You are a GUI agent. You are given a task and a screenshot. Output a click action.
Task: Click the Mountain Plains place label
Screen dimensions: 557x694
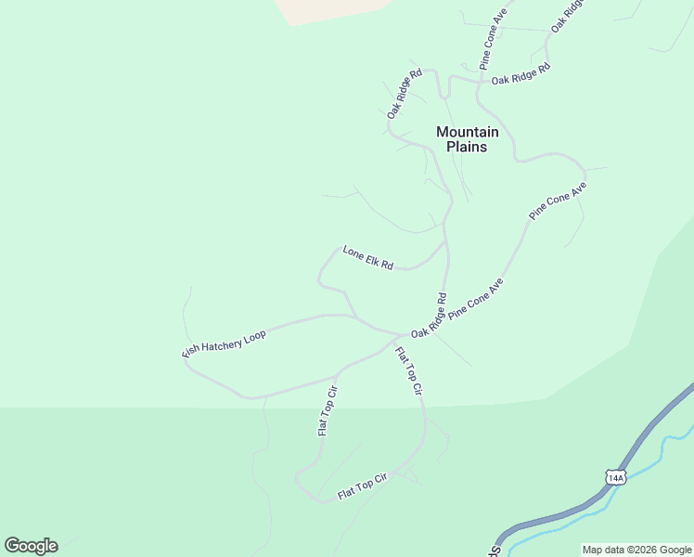[x=467, y=139]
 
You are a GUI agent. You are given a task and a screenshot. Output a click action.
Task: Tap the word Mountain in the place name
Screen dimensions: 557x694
[x=467, y=132]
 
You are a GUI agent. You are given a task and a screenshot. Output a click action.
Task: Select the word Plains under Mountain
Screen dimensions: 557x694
[x=467, y=147]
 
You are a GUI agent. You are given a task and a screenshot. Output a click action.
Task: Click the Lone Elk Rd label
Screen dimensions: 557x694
[x=368, y=258]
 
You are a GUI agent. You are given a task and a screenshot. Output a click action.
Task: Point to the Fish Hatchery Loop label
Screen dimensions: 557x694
[x=224, y=343]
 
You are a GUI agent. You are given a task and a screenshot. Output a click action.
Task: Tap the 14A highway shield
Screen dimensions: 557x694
[x=615, y=477]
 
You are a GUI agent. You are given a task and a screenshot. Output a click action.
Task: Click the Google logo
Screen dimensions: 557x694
[x=31, y=546]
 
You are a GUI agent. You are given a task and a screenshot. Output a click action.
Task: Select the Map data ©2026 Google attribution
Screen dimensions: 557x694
[x=636, y=550]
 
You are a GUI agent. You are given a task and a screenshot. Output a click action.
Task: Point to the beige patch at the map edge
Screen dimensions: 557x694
[x=334, y=9]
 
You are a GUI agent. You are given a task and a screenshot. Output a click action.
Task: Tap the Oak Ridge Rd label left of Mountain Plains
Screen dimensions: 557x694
[x=405, y=93]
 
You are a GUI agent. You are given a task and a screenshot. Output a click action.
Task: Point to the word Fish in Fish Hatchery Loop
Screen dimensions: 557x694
[x=191, y=352]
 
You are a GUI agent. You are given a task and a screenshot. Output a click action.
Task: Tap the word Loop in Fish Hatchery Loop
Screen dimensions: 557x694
[x=253, y=335]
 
